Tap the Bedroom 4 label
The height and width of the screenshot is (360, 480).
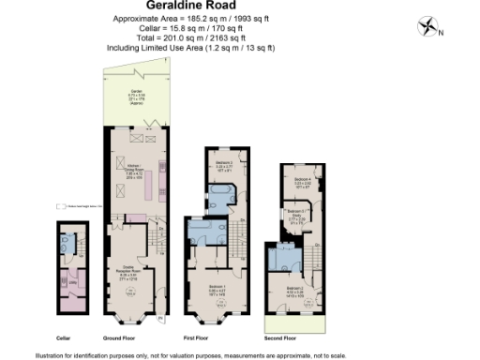(x=301, y=180)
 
